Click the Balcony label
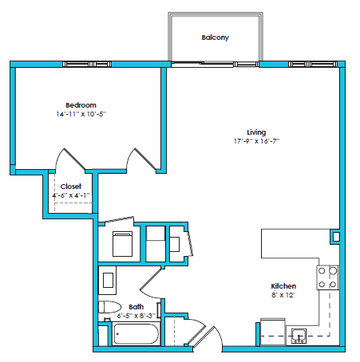216,37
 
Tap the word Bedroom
81,105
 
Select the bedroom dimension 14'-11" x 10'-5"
81,115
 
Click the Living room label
255,132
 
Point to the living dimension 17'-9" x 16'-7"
256,141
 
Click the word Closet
71,186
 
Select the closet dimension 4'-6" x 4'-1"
71,195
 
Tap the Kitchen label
283,286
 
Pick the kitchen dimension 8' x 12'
283,295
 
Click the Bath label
136,306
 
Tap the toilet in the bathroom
108,308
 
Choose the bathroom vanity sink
108,281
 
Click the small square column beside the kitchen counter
336,237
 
